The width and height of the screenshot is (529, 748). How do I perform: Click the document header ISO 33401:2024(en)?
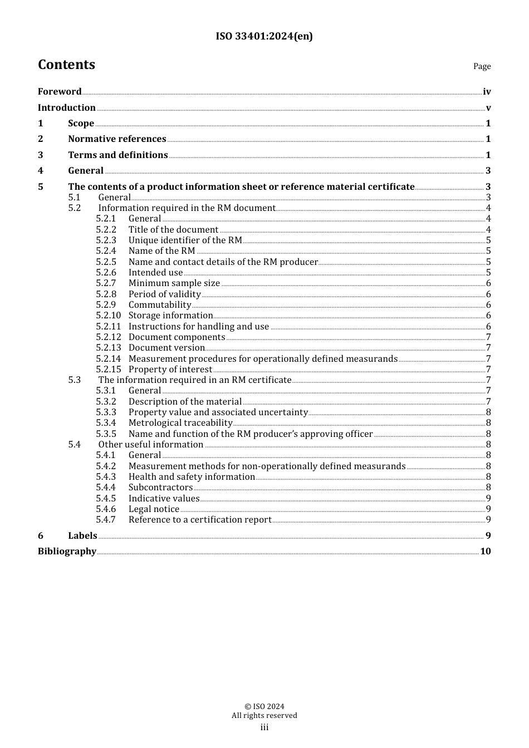tap(264, 36)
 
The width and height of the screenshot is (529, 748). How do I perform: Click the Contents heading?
tap(66, 65)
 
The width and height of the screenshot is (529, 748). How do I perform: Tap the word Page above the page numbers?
tap(482, 66)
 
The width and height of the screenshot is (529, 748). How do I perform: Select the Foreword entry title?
tap(60, 91)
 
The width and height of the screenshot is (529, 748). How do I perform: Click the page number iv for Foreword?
tap(487, 92)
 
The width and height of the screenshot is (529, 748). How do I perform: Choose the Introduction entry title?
tap(67, 107)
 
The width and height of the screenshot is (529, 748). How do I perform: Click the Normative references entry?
tap(117, 139)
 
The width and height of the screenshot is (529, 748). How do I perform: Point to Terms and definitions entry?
tap(117, 155)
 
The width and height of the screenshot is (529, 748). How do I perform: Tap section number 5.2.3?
tap(106, 240)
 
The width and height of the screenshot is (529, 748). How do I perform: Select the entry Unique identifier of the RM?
tap(185, 240)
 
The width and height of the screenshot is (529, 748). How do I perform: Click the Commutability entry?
tap(160, 304)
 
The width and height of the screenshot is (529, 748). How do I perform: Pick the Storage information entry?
tap(170, 315)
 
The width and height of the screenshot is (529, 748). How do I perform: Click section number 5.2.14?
tap(108, 358)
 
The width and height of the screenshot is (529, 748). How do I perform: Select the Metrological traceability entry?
tap(180, 422)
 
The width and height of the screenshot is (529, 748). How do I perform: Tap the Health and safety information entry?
tap(192, 476)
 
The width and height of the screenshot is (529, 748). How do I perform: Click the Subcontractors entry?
tap(160, 487)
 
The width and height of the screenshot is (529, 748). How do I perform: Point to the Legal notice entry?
tap(154, 509)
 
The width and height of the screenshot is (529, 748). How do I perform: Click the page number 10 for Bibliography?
tap(486, 551)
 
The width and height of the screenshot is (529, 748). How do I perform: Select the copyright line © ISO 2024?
tap(264, 706)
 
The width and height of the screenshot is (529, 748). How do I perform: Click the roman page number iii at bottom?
tap(264, 727)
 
